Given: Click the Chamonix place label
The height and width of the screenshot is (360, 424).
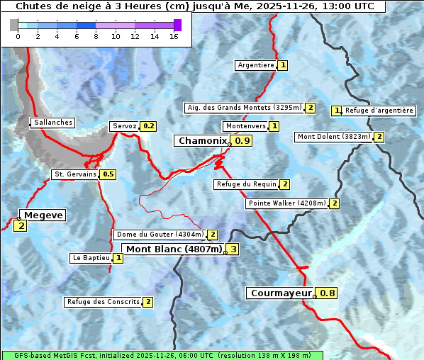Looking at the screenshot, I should coord(202,141).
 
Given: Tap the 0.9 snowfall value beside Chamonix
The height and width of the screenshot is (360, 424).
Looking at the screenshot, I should coord(242,141).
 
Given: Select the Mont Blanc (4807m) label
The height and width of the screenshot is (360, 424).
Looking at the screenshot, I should coord(174,249).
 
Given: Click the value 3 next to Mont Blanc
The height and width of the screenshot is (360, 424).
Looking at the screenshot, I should coord(233,249).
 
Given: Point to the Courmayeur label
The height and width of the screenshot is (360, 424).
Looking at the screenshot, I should coord(281,293).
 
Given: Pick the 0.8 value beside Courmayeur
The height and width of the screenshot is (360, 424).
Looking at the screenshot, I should coord(328,293).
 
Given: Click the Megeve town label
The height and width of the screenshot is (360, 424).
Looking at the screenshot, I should coord(44,215).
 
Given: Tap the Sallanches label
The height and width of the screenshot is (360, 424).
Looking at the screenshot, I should coord(52,123).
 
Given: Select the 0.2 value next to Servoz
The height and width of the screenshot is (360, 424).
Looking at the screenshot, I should coord(148,126).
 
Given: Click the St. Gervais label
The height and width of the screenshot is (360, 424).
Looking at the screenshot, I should coord(74,174).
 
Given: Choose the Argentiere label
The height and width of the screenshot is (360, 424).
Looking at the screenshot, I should coord(256,65).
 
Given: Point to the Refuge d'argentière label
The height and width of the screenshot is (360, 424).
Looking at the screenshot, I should coord(379,111).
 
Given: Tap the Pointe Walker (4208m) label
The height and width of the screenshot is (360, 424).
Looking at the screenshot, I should coord(287,203).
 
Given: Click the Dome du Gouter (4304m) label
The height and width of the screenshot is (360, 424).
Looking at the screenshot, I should coord(160,235).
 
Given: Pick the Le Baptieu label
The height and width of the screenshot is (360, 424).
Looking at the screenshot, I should coord(91,258).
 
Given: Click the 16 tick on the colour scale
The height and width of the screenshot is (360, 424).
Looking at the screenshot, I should coord(174,36).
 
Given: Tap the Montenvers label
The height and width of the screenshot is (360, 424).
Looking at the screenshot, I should coord(245,126).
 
